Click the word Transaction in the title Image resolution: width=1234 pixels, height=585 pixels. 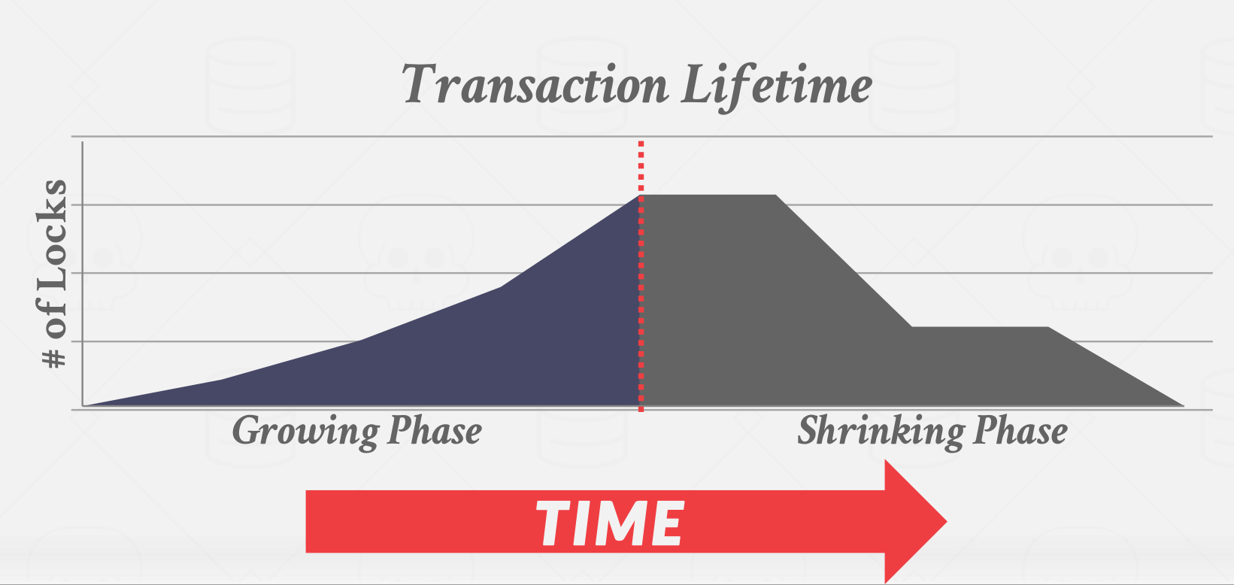coord(535,84)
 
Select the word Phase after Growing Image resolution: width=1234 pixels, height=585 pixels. coord(434,430)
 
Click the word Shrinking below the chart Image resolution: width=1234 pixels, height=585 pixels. coord(881,432)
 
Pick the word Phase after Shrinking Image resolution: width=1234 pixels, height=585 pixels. coord(1020,430)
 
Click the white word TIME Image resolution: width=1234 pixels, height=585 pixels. coord(610,523)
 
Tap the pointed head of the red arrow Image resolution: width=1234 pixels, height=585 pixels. coord(946,521)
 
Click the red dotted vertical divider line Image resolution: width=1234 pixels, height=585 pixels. coord(641,276)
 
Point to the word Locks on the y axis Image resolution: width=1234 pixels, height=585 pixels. coord(53,235)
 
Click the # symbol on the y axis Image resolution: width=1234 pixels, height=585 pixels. coord(54,358)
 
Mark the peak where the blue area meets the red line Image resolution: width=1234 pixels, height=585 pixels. coord(641,195)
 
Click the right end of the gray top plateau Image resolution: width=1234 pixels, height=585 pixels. coord(775,195)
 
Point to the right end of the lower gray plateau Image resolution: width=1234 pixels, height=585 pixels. coord(1048,327)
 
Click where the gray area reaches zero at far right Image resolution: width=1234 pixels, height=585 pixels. coord(1184,406)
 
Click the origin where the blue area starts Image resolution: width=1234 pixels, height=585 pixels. coord(83,406)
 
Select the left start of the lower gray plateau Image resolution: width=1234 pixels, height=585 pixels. coord(911,327)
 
